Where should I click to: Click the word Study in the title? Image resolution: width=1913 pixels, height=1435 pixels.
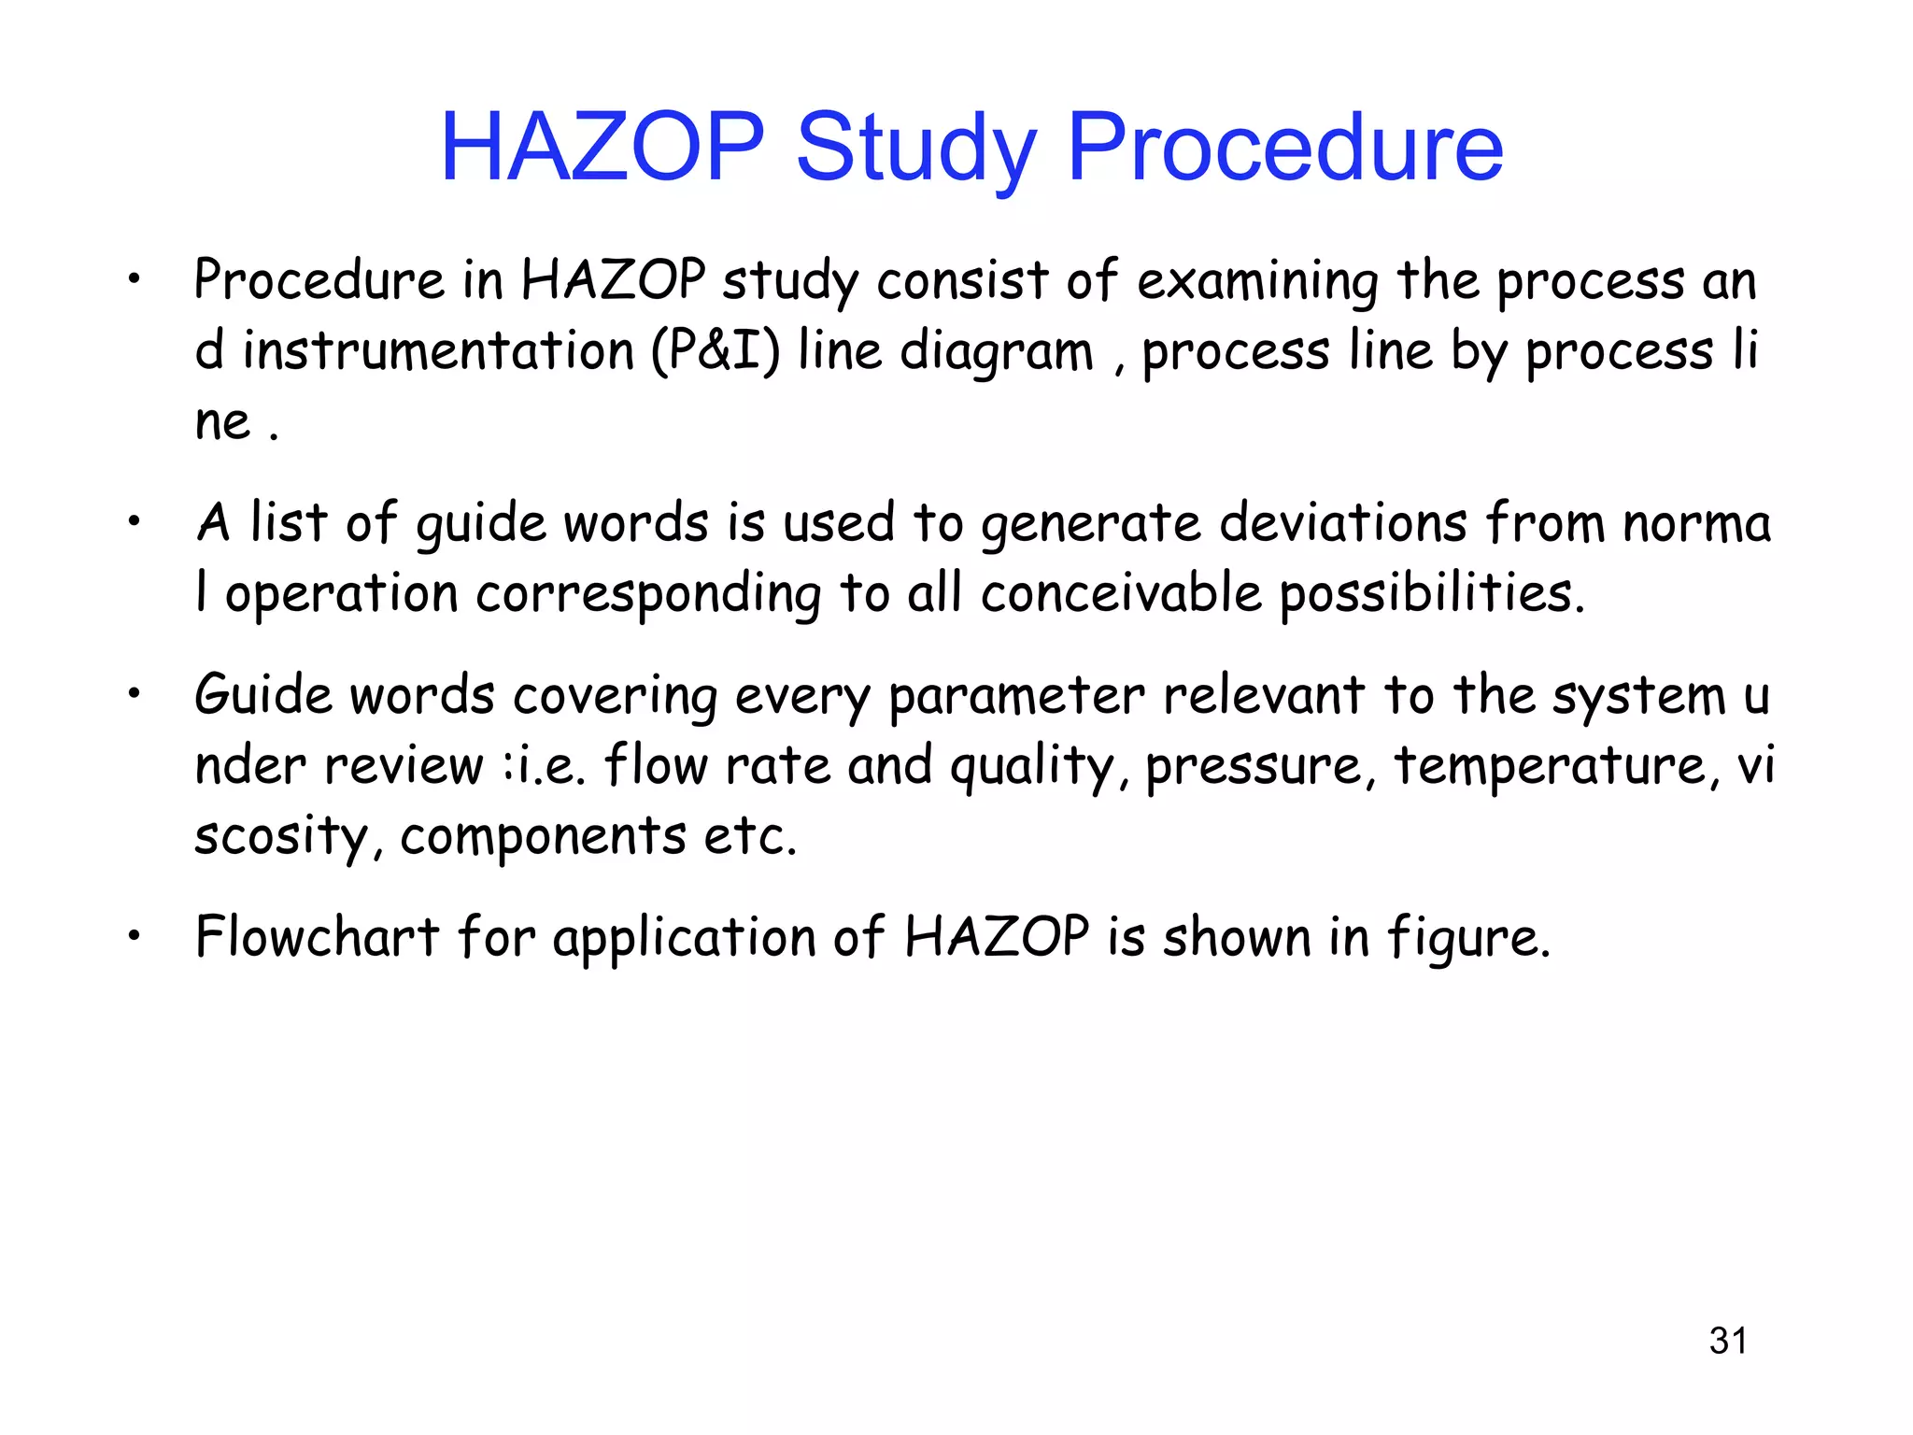pos(916,148)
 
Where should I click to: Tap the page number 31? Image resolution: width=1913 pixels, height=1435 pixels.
pos(1727,1341)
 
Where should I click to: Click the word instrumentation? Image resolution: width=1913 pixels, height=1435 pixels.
pos(438,351)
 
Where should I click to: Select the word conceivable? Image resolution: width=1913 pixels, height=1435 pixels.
pos(1121,593)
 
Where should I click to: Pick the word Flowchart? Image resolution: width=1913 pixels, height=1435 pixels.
pos(317,936)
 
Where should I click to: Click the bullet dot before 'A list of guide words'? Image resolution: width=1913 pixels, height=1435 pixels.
pos(135,523)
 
